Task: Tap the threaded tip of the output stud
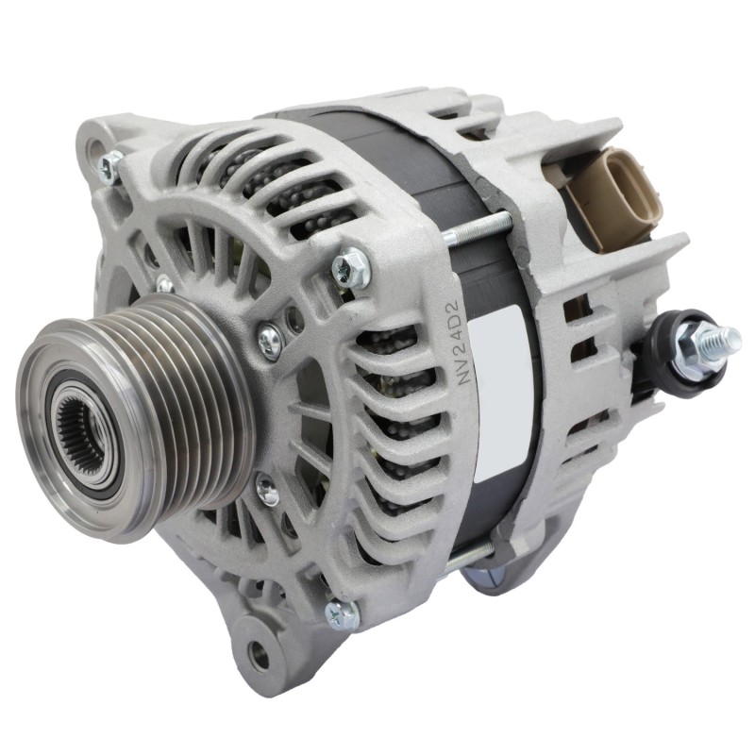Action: tap(728, 337)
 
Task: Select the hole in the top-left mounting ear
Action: tap(92, 149)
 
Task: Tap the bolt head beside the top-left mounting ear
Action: tap(111, 167)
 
